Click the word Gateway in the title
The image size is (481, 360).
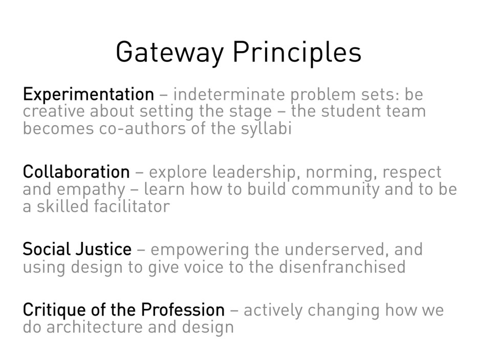point(169,52)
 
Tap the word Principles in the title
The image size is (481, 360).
point(297,52)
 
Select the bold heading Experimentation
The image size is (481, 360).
point(88,95)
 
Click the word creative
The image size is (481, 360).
point(53,111)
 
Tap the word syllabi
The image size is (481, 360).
point(266,128)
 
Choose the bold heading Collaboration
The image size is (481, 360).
point(76,172)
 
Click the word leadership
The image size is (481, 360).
point(254,172)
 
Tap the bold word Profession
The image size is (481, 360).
point(183,310)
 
